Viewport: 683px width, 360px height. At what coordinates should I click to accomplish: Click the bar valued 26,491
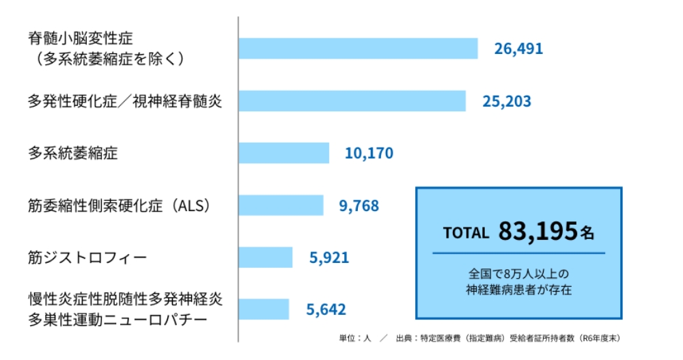click(x=358, y=49)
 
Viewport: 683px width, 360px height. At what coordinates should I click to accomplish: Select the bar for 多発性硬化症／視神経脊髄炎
click(x=352, y=101)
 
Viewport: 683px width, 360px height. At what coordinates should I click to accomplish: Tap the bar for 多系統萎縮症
click(x=283, y=153)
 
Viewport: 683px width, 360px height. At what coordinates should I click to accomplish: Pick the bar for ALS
click(x=281, y=205)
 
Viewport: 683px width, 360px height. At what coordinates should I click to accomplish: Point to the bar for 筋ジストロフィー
click(x=265, y=258)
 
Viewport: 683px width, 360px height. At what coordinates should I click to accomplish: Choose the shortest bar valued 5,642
click(x=264, y=309)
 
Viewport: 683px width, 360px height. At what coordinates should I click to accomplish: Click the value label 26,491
click(x=518, y=49)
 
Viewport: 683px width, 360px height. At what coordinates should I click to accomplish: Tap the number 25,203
click(x=506, y=101)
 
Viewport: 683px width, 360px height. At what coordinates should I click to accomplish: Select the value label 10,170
click(x=369, y=153)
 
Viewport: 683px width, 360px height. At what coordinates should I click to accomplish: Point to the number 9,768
click(x=359, y=205)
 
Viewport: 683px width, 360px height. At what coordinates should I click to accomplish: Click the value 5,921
click(x=329, y=258)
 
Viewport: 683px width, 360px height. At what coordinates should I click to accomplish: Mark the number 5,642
click(x=326, y=309)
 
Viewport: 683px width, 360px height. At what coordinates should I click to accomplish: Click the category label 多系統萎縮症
click(x=72, y=153)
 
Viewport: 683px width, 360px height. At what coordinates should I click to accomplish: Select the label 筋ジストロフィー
click(x=87, y=258)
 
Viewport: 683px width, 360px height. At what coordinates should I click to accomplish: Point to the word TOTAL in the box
click(x=466, y=232)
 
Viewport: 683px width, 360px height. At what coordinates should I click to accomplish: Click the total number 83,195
click(x=538, y=232)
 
